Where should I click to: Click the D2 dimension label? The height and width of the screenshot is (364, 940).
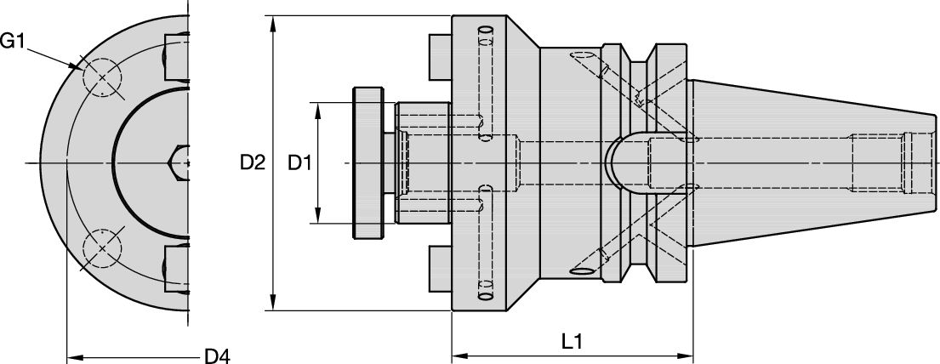(253, 162)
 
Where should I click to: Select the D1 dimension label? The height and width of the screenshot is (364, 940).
(299, 162)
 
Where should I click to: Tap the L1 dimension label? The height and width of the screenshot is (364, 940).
(572, 341)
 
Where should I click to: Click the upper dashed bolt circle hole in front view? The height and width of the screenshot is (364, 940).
(103, 77)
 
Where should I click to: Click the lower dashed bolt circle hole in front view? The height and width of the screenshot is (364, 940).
(103, 248)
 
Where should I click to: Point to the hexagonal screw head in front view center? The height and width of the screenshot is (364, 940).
(180, 162)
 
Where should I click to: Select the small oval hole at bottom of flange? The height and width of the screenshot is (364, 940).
(487, 296)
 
